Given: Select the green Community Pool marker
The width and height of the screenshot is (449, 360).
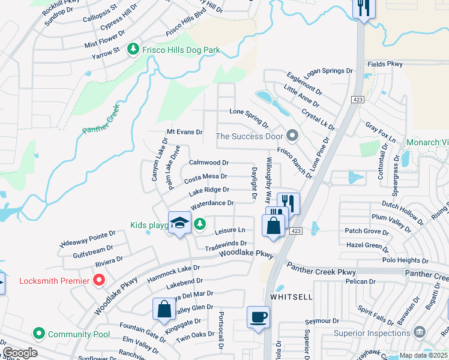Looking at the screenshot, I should pos(39,334).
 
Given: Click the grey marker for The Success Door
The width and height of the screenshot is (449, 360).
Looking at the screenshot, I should pos(292,136).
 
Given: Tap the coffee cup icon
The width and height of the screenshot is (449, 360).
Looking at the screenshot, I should pos(259,317).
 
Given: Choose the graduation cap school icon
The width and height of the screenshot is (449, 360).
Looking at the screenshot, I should pos(179,223).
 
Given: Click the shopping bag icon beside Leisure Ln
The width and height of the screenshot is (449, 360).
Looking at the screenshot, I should pos(274,226).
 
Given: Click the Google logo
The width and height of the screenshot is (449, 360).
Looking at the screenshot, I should pos(19,353).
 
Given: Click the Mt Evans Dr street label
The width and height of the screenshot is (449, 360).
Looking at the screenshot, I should pos(184,132).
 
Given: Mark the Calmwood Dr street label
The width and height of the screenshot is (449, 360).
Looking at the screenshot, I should pos(208,163).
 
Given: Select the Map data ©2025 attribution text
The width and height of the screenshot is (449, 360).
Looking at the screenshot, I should pos(424,355).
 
